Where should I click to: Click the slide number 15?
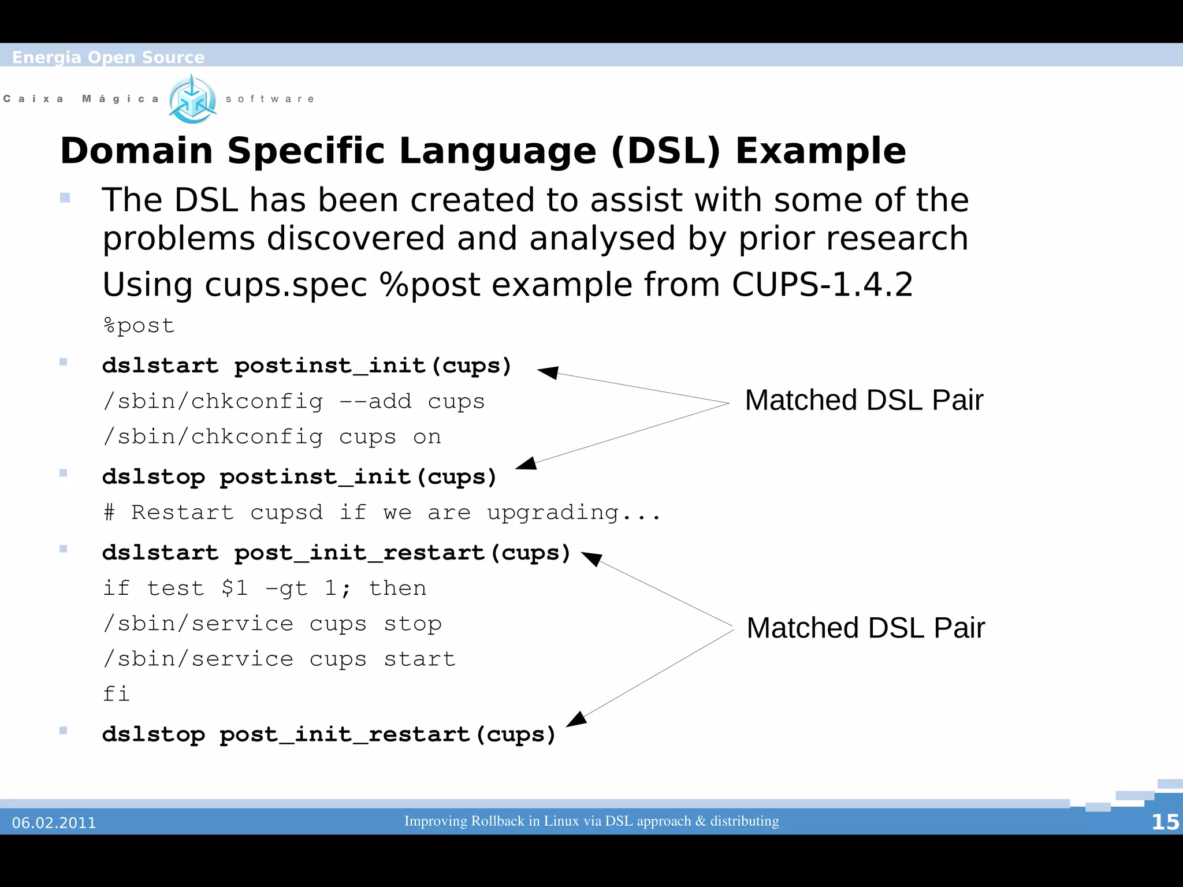(x=1165, y=822)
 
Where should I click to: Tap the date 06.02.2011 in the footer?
(x=54, y=822)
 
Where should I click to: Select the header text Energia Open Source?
(x=108, y=57)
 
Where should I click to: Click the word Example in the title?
(x=820, y=151)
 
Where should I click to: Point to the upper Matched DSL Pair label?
(x=864, y=400)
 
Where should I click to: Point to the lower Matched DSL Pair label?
(x=865, y=628)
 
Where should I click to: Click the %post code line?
(x=139, y=326)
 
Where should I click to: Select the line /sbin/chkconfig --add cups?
(x=293, y=401)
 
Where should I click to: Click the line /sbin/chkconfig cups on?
(x=271, y=437)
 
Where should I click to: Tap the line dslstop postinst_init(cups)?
(x=299, y=477)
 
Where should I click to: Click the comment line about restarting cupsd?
(x=381, y=513)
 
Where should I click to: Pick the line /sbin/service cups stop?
(x=272, y=624)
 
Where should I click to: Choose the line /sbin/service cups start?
(x=279, y=659)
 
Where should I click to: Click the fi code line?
(x=116, y=694)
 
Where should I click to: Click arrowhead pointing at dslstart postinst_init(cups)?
(x=547, y=372)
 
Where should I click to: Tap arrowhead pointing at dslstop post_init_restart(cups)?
(x=576, y=719)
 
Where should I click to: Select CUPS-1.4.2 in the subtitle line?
(x=822, y=285)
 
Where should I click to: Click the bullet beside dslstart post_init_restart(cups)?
(x=64, y=549)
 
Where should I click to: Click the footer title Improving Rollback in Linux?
(x=591, y=821)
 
